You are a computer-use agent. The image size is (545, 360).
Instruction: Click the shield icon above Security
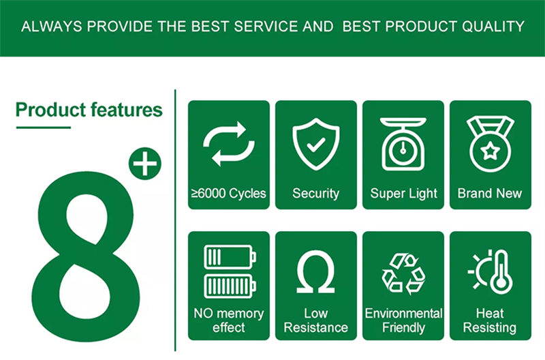tap(316, 144)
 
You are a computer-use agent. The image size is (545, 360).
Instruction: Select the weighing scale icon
tap(403, 144)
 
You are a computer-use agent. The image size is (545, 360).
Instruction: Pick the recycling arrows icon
tap(403, 273)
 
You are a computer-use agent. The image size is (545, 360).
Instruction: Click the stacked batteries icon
tap(230, 271)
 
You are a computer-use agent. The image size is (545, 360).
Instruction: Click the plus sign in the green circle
tap(145, 164)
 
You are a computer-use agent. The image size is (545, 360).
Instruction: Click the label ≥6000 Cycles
tap(229, 194)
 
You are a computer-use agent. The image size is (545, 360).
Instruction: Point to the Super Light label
tap(403, 194)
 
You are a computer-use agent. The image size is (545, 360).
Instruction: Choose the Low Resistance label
tap(315, 320)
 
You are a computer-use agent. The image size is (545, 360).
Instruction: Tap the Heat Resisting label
tap(490, 320)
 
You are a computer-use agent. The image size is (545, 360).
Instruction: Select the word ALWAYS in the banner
tap(52, 27)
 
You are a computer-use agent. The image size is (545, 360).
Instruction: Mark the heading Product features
tap(89, 110)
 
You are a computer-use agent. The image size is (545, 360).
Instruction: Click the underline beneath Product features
tap(44, 127)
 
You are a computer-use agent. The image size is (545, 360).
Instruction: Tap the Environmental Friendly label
tap(403, 320)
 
